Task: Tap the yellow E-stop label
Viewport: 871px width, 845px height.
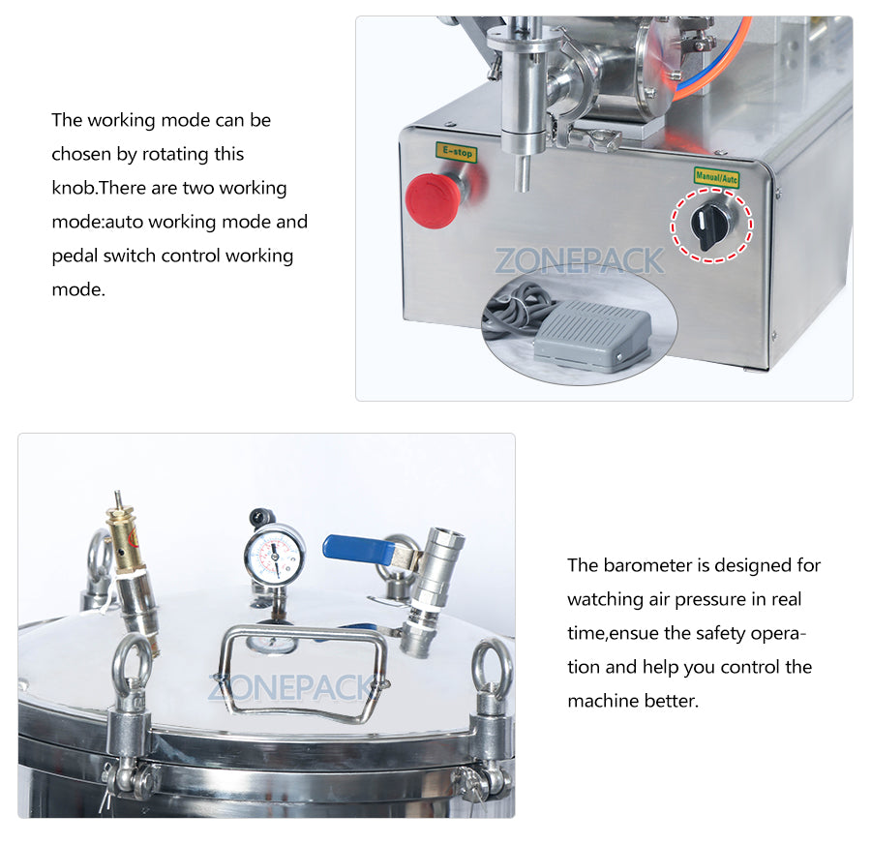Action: tap(455, 152)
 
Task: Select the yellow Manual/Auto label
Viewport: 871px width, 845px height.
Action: tap(716, 176)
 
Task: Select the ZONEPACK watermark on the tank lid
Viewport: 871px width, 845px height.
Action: tap(290, 688)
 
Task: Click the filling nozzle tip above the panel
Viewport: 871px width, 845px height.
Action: tap(524, 175)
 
